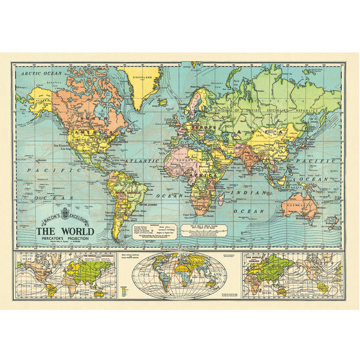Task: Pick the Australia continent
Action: click(x=299, y=205)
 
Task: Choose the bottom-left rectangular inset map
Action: click(x=67, y=275)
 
